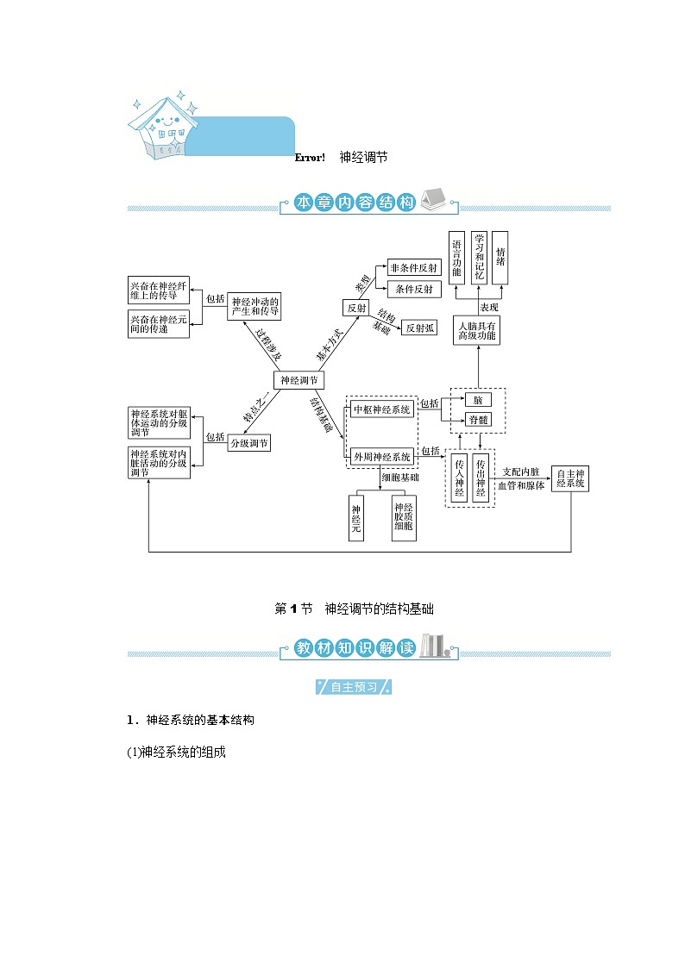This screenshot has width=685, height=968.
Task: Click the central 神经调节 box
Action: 299,380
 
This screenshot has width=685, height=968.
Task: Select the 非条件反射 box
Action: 414,267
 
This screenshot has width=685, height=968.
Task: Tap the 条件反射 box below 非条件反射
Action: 414,289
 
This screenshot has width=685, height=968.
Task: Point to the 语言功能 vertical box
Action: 457,258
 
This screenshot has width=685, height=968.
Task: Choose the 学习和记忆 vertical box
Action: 480,258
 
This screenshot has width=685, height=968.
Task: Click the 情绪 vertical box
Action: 500,258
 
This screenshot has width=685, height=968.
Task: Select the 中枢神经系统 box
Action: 382,410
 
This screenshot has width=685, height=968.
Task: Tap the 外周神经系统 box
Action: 382,456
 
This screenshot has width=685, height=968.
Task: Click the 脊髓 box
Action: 478,420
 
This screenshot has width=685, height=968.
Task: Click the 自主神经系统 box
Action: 571,478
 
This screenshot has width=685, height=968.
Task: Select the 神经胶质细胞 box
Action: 404,517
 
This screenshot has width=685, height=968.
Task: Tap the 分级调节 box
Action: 248,443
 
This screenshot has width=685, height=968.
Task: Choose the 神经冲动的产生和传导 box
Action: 255,306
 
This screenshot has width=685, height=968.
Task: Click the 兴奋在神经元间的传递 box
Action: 158,325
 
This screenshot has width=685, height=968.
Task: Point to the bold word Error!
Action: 310,158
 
